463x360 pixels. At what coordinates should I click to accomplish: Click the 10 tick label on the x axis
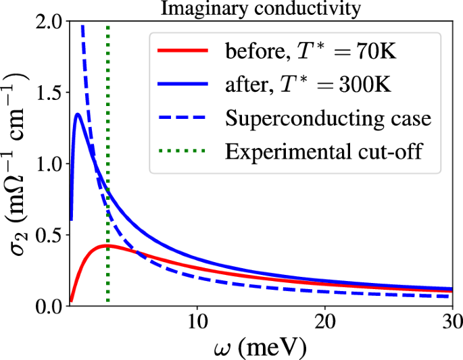(x=197, y=323)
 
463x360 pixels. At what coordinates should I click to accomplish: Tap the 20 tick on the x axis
(x=325, y=323)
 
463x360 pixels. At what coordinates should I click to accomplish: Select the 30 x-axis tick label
(x=452, y=323)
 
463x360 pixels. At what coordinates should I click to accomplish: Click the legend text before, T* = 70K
(x=299, y=51)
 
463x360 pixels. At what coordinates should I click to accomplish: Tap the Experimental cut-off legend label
(x=324, y=151)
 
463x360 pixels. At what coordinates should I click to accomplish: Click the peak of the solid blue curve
(x=78, y=114)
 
